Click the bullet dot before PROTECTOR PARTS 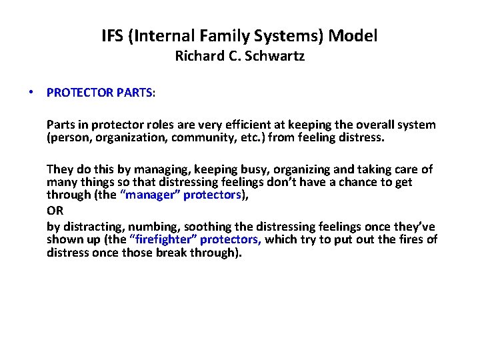click(x=31, y=93)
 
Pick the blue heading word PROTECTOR click(x=79, y=93)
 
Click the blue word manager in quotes click(x=151, y=195)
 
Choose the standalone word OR click(x=54, y=208)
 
